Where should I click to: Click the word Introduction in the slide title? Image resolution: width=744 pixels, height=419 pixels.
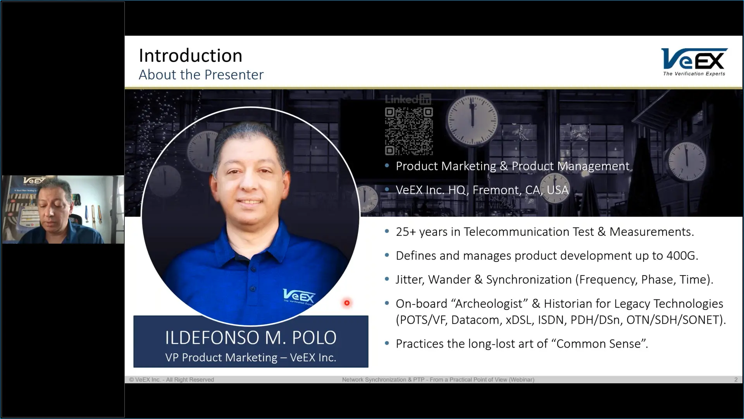[x=191, y=55]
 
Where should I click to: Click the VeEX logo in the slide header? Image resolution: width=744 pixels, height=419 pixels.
[x=694, y=62]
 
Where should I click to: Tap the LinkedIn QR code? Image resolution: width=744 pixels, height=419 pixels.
[x=409, y=132]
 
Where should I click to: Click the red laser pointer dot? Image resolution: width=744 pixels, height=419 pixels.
[x=347, y=303]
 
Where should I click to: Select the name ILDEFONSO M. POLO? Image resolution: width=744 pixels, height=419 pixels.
[x=251, y=338]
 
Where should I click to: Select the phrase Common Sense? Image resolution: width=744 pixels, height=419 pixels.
[x=599, y=344]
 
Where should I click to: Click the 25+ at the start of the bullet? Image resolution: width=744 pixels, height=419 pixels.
[x=406, y=232]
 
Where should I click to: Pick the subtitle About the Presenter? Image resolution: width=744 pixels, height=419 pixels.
[x=201, y=74]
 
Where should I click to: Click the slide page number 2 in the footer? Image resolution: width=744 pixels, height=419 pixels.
[x=736, y=379]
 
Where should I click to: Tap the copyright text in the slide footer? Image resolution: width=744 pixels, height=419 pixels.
[x=171, y=379]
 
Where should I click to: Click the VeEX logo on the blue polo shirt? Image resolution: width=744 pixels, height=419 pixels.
[x=299, y=297]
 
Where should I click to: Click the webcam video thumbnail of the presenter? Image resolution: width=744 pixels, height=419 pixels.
[x=63, y=209]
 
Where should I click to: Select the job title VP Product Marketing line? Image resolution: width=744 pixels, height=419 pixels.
[x=251, y=357]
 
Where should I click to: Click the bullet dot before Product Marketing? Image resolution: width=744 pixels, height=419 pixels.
[x=387, y=166]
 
